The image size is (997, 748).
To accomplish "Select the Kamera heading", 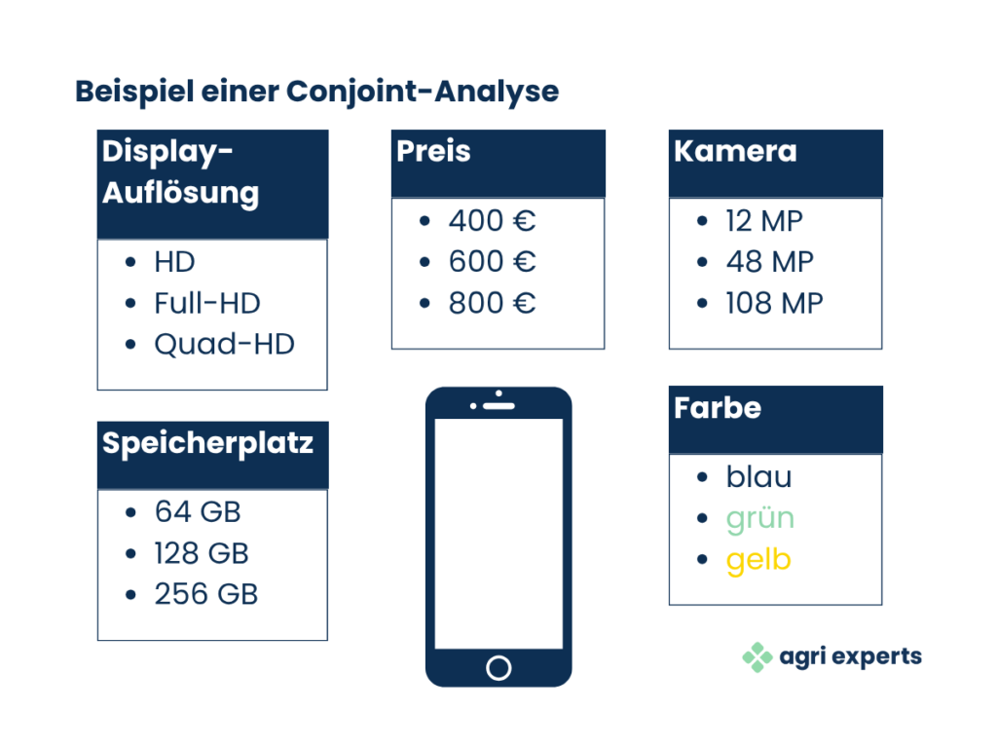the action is [x=735, y=151].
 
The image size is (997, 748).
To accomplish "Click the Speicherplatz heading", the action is [x=207, y=443].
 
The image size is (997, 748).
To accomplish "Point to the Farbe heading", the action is [x=718, y=408].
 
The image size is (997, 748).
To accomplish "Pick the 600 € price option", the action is [x=492, y=261].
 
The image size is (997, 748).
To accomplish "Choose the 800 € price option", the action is [x=492, y=303].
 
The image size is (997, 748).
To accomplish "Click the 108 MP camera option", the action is [x=774, y=303].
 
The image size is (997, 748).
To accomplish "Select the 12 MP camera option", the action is [x=764, y=221].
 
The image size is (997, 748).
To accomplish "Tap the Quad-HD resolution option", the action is [x=225, y=345].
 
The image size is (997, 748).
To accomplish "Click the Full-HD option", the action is [x=207, y=303].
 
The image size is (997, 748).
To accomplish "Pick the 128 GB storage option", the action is [x=201, y=553].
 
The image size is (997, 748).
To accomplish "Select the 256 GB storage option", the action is [x=206, y=594].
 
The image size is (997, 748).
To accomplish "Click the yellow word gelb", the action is [x=758, y=560].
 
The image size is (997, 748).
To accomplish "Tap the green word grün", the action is [x=760, y=519].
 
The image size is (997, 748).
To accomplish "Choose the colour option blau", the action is [x=759, y=476].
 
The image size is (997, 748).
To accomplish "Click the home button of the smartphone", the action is [x=498, y=668].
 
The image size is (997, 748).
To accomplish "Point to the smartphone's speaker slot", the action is [x=499, y=406].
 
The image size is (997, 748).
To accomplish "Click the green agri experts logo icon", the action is [x=757, y=657].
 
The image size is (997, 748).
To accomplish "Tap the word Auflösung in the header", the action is [x=180, y=194].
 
